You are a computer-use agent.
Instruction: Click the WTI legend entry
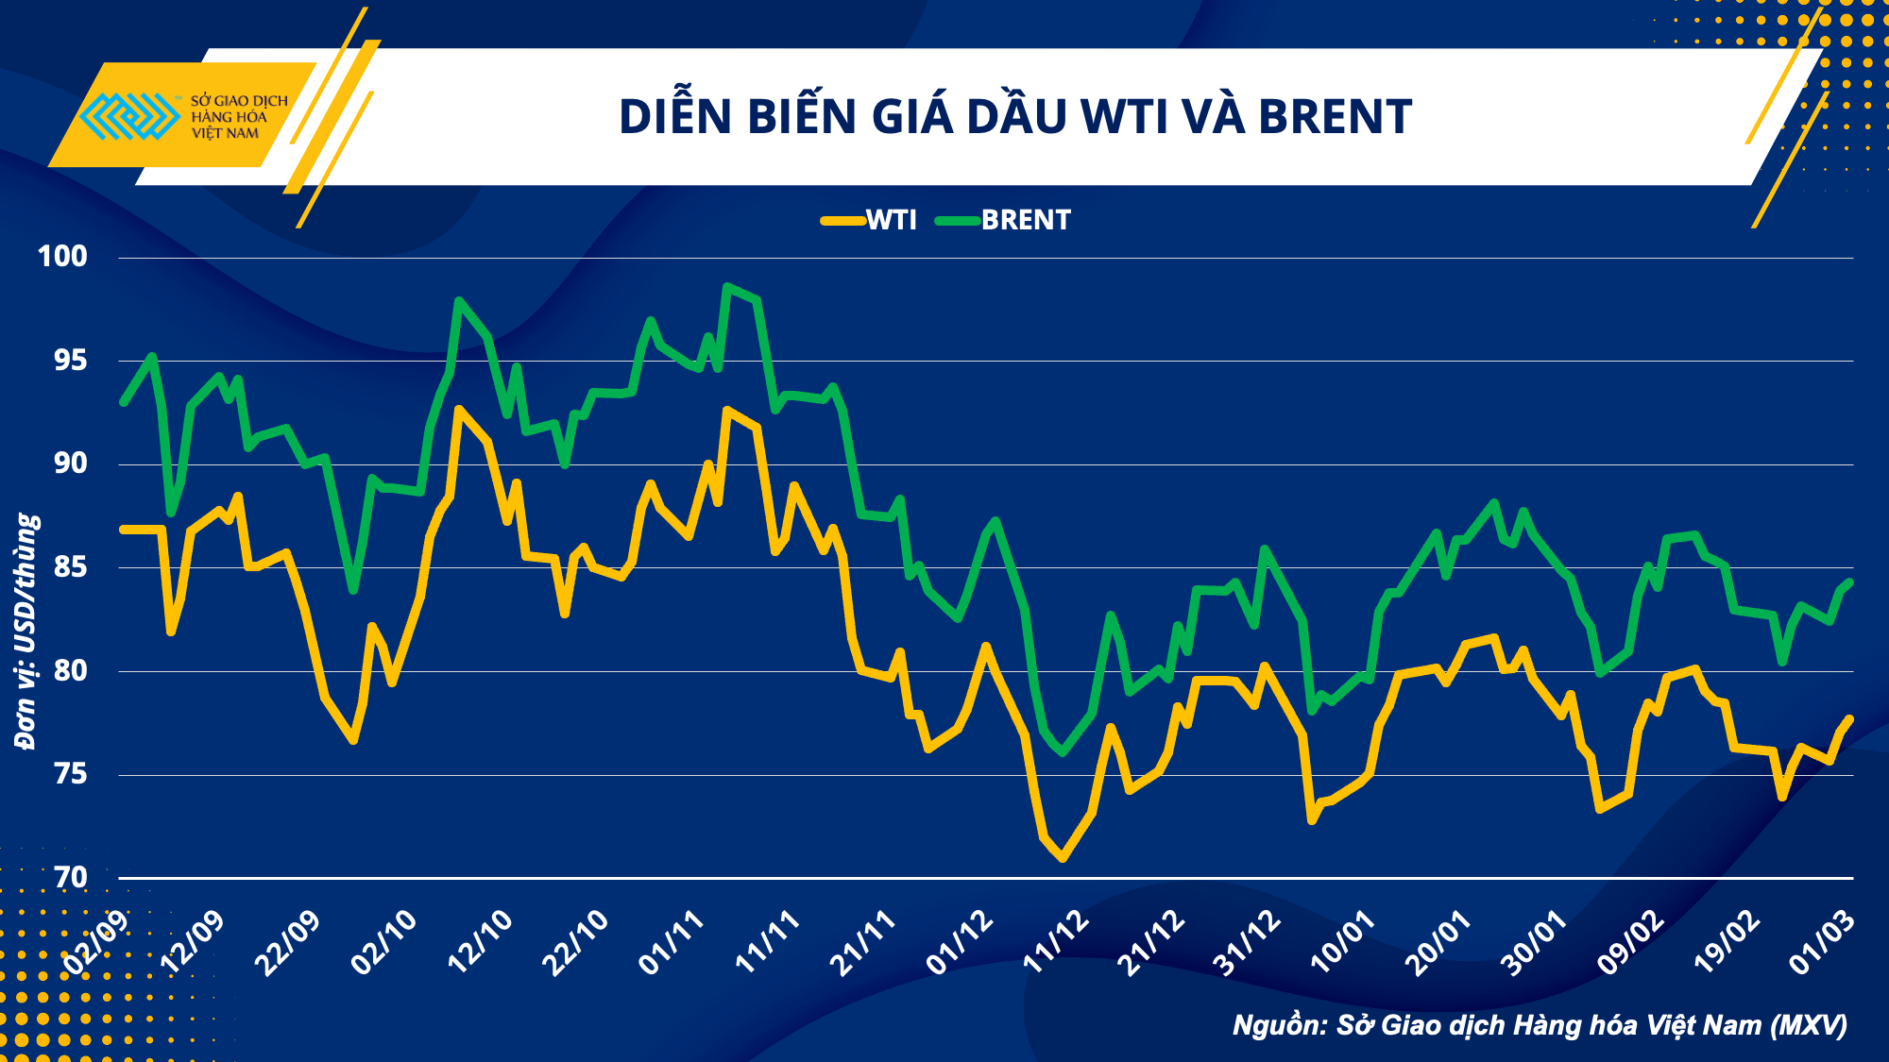[869, 221]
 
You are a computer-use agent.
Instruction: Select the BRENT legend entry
[1004, 221]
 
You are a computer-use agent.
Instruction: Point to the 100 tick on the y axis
[62, 256]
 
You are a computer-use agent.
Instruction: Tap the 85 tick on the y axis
[70, 567]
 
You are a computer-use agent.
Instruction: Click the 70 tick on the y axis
[70, 878]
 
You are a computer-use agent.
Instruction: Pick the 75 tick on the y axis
[70, 774]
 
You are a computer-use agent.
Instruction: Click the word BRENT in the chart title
[1335, 117]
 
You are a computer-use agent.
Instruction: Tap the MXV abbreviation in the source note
[1809, 1025]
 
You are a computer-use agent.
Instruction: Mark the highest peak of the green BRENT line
[726, 286]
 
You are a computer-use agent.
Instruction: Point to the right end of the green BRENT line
[1849, 582]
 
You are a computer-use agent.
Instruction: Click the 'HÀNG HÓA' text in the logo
[229, 117]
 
